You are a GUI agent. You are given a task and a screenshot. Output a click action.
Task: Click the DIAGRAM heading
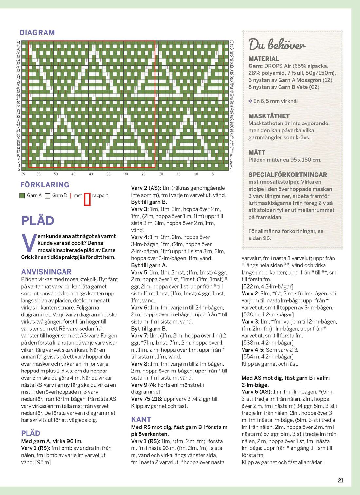click(37, 32)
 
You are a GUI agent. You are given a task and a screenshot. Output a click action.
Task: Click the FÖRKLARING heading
click(45, 185)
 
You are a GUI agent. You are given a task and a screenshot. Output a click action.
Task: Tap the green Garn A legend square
click(22, 196)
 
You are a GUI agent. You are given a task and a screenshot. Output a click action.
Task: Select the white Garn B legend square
click(48, 196)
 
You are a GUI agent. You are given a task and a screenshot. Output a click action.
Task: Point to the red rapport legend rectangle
click(87, 200)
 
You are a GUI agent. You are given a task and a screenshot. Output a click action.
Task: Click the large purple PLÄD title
click(38, 220)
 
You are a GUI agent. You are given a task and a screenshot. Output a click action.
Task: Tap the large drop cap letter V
click(28, 243)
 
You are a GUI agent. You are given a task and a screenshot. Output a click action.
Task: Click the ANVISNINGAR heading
click(46, 272)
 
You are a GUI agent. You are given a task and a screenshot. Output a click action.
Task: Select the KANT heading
click(141, 419)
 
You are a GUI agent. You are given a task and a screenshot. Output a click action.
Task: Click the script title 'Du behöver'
click(277, 45)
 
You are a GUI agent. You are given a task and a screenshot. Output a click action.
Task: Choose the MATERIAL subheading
click(263, 59)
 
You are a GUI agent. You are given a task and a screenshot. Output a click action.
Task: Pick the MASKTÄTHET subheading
click(269, 116)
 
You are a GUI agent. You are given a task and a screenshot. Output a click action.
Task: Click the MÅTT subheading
click(257, 152)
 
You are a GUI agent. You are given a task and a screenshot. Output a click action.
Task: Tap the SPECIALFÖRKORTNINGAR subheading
click(288, 175)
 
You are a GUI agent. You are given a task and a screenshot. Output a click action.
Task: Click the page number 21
click(341, 480)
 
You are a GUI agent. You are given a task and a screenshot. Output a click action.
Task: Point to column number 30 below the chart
click(126, 174)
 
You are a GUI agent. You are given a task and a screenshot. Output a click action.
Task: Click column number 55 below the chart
click(38, 174)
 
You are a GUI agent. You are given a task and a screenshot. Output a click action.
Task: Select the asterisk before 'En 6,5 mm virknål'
click(250, 101)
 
